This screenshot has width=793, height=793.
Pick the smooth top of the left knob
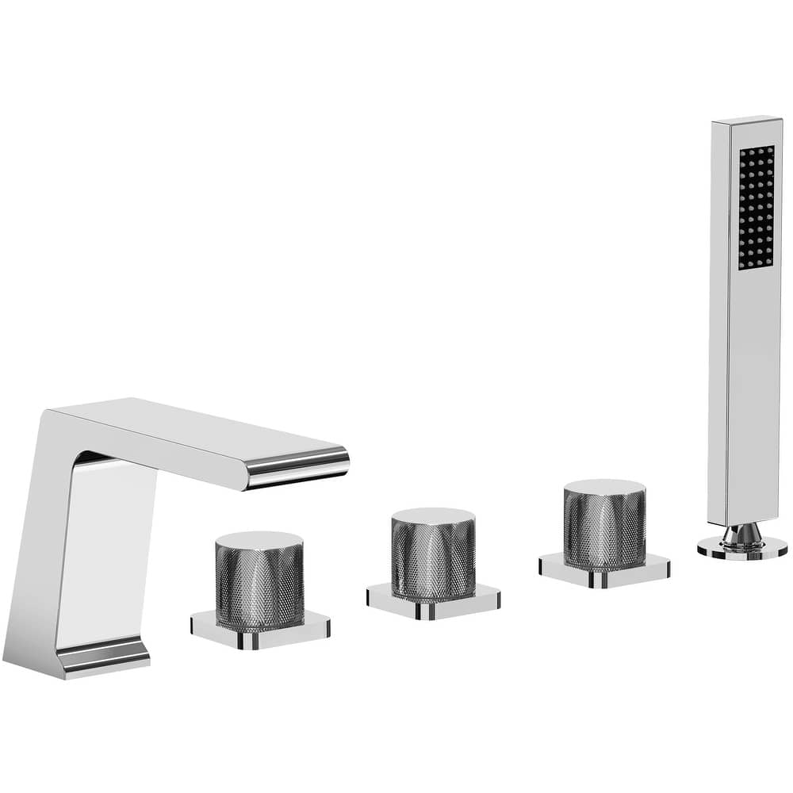click(x=259, y=540)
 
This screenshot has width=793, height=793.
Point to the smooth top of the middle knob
click(x=433, y=516)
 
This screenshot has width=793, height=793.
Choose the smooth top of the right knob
click(x=604, y=487)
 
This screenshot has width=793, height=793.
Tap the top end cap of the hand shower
click(x=745, y=121)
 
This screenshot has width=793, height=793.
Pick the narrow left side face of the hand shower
click(x=718, y=317)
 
